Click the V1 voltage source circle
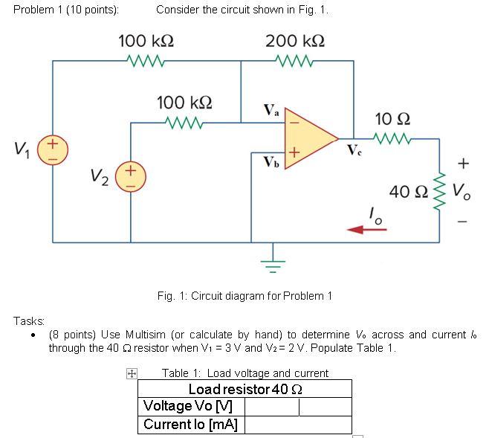(x=52, y=149)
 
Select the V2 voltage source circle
(x=131, y=178)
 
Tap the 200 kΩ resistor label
(x=294, y=40)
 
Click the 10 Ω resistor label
(x=392, y=119)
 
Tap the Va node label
(x=272, y=112)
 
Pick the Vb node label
(x=271, y=161)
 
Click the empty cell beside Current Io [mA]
(x=297, y=425)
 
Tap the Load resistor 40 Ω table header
(x=245, y=389)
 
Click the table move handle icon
(x=131, y=375)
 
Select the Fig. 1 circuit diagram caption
(x=244, y=296)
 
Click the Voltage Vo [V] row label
(x=188, y=407)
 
